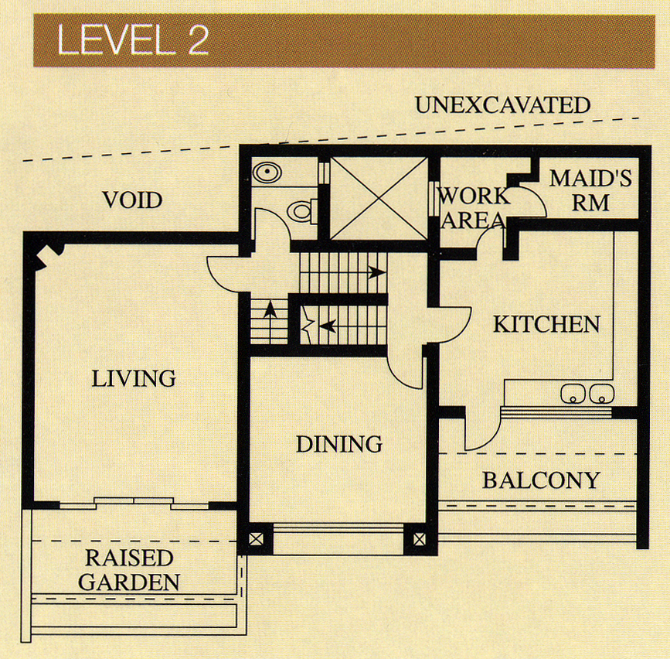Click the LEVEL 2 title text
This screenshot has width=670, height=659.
point(132,39)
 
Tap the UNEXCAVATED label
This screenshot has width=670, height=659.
point(502,105)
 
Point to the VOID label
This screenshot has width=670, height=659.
point(132,200)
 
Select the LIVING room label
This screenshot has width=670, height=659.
point(134,378)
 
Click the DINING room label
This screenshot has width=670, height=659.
point(339,444)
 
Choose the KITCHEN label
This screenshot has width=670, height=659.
point(546,324)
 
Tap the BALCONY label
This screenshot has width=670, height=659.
point(542,480)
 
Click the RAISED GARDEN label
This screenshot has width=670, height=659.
point(129,570)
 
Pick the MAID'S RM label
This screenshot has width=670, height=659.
point(590,191)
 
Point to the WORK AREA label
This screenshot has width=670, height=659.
point(474,208)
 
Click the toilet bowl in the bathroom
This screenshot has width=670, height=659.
point(302,211)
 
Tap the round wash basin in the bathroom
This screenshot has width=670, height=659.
point(267,172)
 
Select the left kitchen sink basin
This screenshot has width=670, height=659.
point(573,394)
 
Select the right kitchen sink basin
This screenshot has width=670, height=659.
point(602,394)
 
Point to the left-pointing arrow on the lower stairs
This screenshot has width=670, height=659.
point(328,326)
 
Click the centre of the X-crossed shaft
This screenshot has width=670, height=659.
point(379,199)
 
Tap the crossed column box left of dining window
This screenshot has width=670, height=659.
point(256,539)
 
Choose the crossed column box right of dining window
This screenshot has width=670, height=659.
point(420,539)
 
